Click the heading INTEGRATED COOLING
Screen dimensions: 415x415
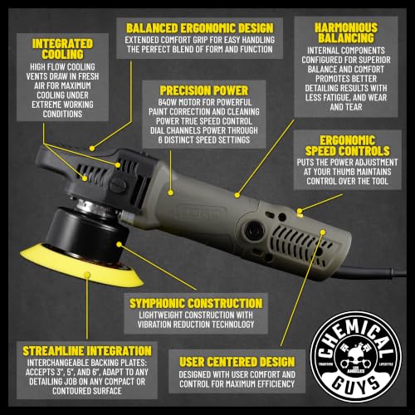(x=62, y=49)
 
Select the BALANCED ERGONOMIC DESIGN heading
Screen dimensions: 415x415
(x=200, y=28)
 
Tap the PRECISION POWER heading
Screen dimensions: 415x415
(x=204, y=90)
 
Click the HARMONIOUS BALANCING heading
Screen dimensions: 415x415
(x=346, y=32)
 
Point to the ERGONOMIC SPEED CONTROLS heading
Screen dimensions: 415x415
(x=348, y=146)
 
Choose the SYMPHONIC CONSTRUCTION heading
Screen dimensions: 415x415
(x=196, y=304)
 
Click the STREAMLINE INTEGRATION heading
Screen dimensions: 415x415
(x=87, y=351)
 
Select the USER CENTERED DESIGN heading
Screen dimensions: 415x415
(x=237, y=362)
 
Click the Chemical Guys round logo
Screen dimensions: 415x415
(x=355, y=356)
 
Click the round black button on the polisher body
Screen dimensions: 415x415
(x=253, y=230)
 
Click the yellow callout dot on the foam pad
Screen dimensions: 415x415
(x=87, y=275)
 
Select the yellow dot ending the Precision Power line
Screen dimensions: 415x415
(x=171, y=193)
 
